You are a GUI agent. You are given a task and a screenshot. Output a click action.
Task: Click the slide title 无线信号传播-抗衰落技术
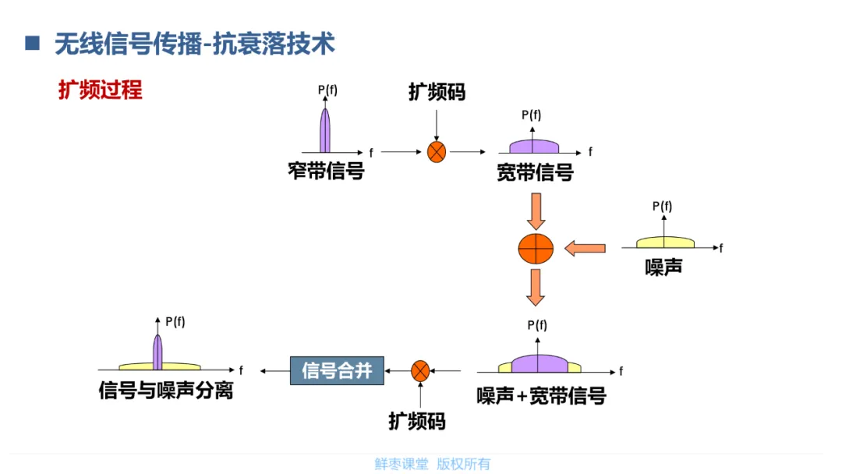point(194,44)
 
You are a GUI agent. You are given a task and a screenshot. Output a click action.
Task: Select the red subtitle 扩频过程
point(100,90)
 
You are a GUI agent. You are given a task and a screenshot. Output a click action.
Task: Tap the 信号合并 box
point(337,370)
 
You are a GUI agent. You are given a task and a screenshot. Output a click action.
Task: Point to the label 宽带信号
point(535,172)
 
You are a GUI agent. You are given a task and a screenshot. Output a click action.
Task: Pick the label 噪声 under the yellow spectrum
point(663,267)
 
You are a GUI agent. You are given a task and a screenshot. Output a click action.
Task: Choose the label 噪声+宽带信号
point(541,396)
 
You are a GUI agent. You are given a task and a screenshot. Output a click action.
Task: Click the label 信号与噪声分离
point(166,390)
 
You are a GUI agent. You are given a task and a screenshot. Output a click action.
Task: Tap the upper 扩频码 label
point(437,92)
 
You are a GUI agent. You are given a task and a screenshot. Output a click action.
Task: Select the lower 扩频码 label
point(417,422)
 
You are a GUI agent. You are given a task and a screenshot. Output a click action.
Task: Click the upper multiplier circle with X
point(437,152)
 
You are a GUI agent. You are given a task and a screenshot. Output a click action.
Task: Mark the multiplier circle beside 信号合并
point(420,370)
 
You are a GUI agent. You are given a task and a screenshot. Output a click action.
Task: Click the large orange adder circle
point(536,248)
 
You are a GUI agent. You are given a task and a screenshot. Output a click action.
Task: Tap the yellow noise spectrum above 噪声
point(664,242)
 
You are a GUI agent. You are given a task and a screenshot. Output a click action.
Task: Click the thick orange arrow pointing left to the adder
point(585,248)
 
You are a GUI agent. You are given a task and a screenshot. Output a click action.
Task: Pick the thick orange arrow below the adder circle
point(536,287)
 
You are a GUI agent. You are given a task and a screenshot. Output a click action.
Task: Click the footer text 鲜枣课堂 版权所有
point(432,464)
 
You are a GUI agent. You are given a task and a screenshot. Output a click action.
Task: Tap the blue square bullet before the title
point(32,43)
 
